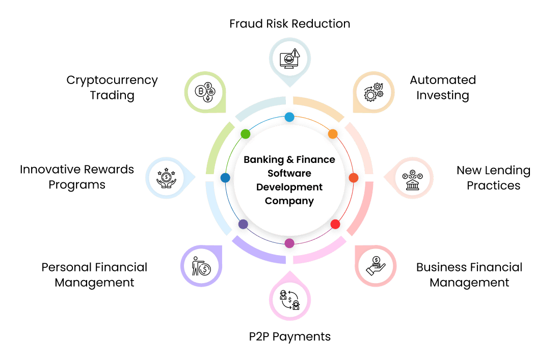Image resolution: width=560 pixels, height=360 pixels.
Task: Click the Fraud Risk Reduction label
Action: pyautogui.click(x=289, y=23)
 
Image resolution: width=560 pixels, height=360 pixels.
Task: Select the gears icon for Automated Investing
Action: pyautogui.click(x=373, y=92)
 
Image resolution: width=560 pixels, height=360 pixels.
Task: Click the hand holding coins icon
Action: pyautogui.click(x=376, y=265)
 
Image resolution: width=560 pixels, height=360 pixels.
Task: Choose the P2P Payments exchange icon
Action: pyautogui.click(x=289, y=300)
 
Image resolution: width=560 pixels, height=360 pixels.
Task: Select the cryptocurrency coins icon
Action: pyautogui.click(x=204, y=92)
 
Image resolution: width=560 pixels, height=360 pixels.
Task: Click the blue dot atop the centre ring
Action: pyautogui.click(x=289, y=117)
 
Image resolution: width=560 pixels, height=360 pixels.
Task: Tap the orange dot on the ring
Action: pyautogui.click(x=332, y=134)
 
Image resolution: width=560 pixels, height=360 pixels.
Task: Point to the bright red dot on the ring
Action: pyautogui.click(x=335, y=224)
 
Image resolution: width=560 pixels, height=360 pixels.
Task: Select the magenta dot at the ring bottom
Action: pyautogui.click(x=289, y=243)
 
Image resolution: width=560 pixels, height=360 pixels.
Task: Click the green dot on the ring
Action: pyautogui.click(x=245, y=134)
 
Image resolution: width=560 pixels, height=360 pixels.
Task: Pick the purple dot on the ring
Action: pyautogui.click(x=243, y=224)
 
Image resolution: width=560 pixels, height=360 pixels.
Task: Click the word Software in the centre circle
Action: pyautogui.click(x=289, y=173)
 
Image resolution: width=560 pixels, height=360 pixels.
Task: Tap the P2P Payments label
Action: pyautogui.click(x=289, y=337)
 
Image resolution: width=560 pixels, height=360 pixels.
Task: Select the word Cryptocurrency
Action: pyautogui.click(x=112, y=80)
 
